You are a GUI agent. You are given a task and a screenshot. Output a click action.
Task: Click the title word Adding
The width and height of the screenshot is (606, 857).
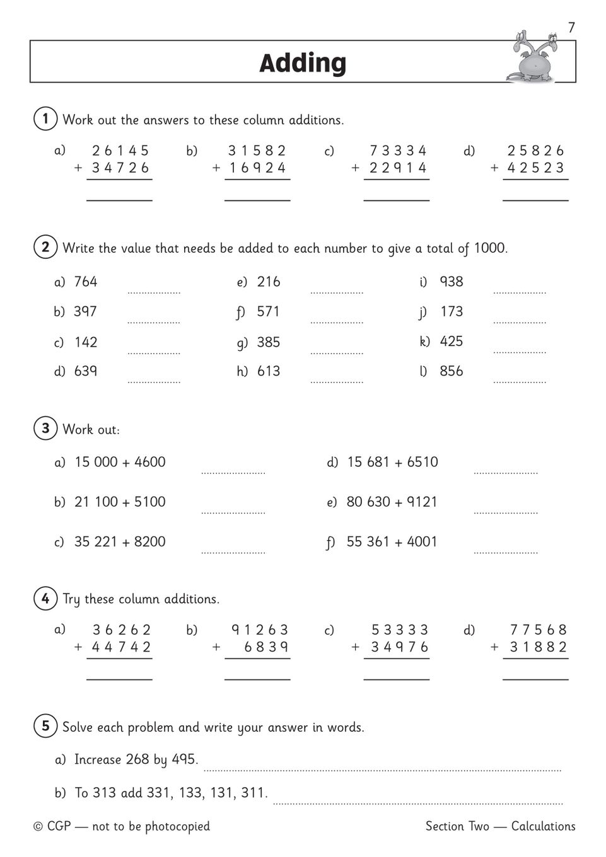click(303, 63)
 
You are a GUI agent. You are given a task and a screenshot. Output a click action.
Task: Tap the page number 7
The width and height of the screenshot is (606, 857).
click(571, 28)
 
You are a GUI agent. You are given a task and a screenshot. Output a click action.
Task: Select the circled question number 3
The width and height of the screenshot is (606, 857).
click(45, 428)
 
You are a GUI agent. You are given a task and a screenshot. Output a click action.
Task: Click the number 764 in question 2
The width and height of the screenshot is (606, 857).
click(86, 282)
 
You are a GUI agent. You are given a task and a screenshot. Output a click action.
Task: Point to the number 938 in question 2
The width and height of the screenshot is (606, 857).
click(452, 282)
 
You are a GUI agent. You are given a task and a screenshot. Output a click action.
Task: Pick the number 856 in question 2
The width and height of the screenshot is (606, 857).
click(452, 371)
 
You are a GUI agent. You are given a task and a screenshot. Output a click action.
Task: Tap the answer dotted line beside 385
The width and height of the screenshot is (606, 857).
click(337, 353)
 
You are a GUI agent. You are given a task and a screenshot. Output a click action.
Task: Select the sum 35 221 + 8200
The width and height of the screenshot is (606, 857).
click(120, 541)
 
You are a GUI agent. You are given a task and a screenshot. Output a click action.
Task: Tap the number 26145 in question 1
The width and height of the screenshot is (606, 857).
click(120, 151)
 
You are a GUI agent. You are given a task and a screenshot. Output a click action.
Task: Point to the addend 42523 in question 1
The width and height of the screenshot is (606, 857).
click(536, 168)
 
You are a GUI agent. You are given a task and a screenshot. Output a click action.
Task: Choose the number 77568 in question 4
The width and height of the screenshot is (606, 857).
click(538, 630)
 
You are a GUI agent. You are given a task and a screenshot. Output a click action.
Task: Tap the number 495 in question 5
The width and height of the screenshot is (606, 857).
click(184, 759)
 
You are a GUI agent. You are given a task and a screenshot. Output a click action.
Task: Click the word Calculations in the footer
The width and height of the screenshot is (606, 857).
click(543, 826)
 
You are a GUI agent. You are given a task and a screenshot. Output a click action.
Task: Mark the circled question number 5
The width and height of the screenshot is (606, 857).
click(45, 726)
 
